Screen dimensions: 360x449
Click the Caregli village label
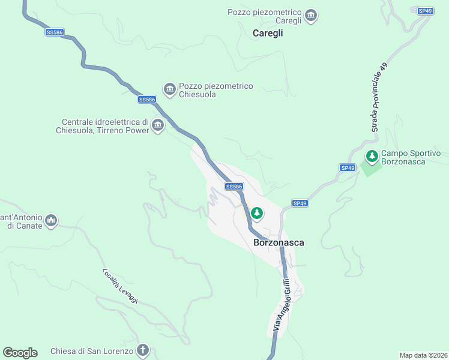tap(267, 34)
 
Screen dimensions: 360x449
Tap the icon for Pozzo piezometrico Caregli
tap(311, 15)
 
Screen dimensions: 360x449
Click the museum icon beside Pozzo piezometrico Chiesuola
tap(170, 89)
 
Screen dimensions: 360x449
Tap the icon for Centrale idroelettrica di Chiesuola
tap(158, 125)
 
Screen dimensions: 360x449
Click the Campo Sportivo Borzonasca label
tap(411, 158)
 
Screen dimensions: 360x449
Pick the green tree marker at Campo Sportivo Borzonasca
tap(372, 157)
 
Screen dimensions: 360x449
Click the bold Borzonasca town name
tap(279, 243)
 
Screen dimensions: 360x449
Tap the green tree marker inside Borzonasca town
tap(257, 212)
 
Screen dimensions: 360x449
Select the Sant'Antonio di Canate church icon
tap(52, 220)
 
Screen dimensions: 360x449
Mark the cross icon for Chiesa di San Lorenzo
tap(143, 350)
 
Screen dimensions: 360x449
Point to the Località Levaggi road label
tap(120, 286)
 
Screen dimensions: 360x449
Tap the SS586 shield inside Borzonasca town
tap(234, 187)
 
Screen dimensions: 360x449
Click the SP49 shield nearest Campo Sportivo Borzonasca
tap(348, 168)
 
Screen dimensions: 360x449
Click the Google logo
tap(20, 353)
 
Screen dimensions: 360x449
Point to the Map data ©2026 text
tap(423, 355)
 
